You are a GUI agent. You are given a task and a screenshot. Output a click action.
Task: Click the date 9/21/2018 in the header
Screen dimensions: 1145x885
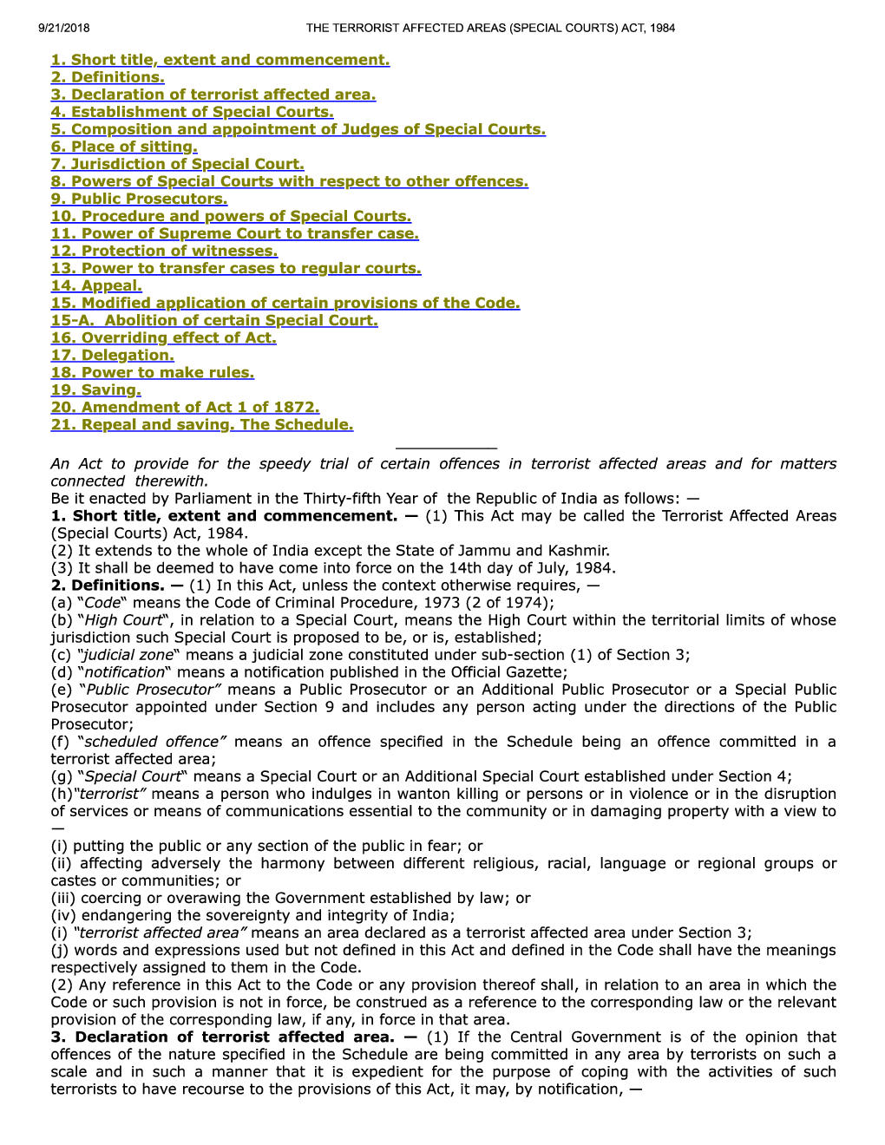coord(64,28)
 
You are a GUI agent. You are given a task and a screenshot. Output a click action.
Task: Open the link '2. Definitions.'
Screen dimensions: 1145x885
coord(108,77)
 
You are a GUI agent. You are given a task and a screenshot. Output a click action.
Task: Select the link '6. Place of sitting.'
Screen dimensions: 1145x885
coord(124,147)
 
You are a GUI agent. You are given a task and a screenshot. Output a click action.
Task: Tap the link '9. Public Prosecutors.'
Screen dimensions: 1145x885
coord(139,199)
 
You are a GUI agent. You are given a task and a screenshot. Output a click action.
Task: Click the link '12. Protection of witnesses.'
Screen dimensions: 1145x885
coord(164,251)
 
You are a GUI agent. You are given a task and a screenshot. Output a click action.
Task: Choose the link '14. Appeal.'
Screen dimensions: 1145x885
coord(96,285)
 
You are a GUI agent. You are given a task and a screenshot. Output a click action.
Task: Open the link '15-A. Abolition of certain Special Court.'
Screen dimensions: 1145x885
coord(214,320)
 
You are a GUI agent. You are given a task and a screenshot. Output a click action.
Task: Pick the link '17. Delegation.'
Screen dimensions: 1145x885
coord(112,355)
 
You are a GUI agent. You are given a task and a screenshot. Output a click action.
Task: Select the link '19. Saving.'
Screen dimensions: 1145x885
coord(95,389)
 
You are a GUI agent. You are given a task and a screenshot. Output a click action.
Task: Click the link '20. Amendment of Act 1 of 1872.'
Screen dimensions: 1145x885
coord(185,407)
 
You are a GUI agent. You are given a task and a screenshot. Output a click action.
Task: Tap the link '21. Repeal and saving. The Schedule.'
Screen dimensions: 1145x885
coord(202,424)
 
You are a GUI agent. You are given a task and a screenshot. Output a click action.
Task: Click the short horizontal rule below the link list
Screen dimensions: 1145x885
coord(445,448)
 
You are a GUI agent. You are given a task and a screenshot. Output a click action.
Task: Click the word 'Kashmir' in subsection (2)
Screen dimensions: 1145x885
coord(581,551)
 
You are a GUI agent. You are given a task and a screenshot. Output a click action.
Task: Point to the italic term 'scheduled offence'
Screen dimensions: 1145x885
coord(151,742)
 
